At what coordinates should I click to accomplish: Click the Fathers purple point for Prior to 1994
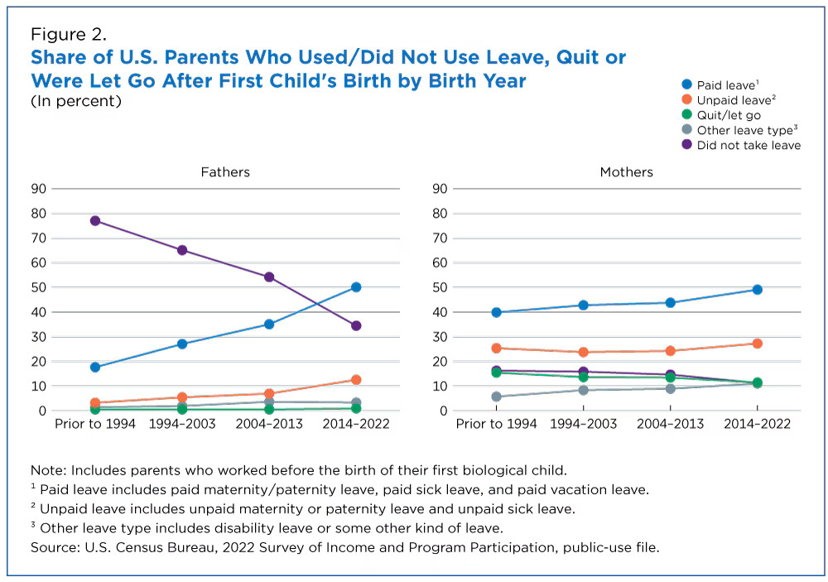(x=95, y=221)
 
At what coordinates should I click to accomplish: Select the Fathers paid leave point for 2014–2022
(x=356, y=287)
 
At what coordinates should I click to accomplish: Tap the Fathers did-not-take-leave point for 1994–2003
(x=182, y=250)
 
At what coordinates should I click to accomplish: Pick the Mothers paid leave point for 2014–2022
(x=757, y=290)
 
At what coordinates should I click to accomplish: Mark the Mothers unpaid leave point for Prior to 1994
(x=496, y=349)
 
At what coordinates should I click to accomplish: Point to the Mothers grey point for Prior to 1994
(x=496, y=397)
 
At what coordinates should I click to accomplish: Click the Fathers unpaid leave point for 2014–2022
(x=356, y=380)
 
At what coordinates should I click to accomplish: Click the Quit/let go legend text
(x=729, y=115)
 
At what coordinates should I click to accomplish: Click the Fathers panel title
(x=225, y=172)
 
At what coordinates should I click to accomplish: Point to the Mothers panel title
(x=626, y=172)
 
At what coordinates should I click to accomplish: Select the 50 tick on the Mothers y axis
(x=439, y=287)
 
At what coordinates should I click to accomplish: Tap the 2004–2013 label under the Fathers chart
(x=269, y=424)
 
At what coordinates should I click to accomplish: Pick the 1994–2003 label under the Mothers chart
(x=583, y=424)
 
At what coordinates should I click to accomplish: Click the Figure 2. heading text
(x=69, y=35)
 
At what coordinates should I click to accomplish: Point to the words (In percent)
(x=76, y=101)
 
